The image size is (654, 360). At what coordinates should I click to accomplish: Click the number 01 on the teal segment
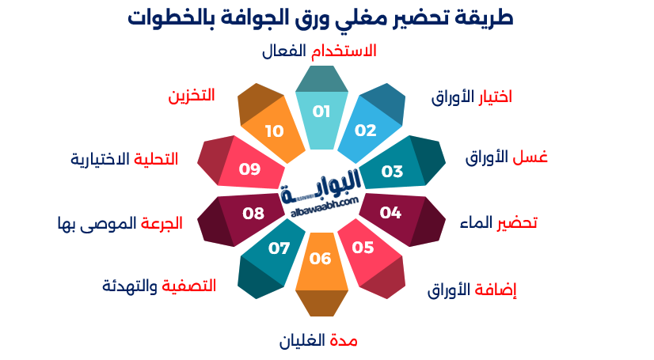click(x=321, y=112)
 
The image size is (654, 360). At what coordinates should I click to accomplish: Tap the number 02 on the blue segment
click(x=365, y=131)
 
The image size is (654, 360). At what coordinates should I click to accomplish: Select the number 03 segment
click(x=392, y=171)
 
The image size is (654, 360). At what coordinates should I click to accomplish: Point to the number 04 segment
click(x=390, y=213)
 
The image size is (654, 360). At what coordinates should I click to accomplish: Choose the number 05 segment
click(x=363, y=248)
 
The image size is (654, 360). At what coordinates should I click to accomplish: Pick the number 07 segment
click(x=279, y=248)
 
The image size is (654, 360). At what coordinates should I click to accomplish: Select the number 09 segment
click(x=250, y=169)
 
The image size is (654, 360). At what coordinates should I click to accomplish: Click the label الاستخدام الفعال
click(x=319, y=51)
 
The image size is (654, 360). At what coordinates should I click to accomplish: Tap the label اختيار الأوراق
click(x=471, y=97)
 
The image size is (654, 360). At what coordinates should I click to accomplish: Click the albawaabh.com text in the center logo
click(x=321, y=205)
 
